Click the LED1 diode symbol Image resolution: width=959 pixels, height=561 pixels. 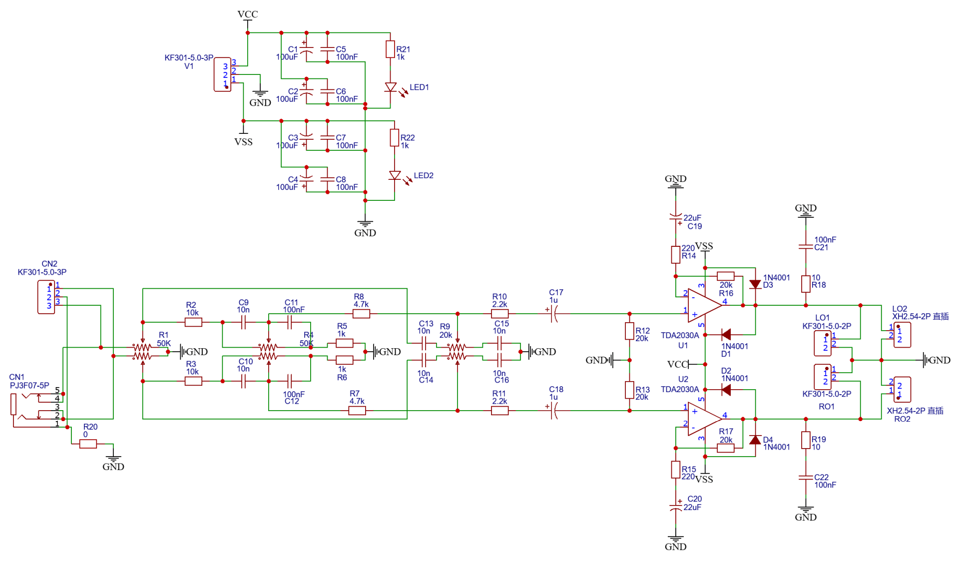(x=391, y=87)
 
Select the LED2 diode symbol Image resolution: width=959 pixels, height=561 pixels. (x=395, y=176)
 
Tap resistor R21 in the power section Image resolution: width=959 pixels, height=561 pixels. (x=391, y=49)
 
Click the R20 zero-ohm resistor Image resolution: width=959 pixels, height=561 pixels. (x=88, y=444)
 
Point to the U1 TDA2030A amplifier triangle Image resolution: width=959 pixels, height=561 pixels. (x=704, y=305)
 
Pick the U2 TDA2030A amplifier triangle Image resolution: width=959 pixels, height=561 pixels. (x=704, y=419)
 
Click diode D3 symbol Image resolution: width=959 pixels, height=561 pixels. (x=755, y=284)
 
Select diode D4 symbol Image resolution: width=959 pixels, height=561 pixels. (x=755, y=440)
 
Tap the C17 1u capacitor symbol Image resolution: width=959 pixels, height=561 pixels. (x=553, y=314)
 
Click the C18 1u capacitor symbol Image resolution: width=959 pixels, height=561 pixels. (x=553, y=411)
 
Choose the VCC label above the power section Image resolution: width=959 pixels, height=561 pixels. (x=248, y=14)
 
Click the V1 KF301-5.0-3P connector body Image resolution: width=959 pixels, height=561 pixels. (x=222, y=74)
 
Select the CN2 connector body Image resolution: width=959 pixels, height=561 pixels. (x=46, y=297)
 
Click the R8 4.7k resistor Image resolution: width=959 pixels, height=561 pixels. (x=361, y=314)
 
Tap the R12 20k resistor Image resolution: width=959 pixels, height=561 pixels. (x=630, y=331)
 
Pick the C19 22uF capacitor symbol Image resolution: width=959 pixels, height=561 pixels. (x=676, y=218)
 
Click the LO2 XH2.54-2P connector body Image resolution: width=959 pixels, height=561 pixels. (x=902, y=335)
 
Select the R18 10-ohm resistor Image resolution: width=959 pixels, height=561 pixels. (x=806, y=284)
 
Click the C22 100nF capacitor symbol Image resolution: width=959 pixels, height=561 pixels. (x=806, y=478)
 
